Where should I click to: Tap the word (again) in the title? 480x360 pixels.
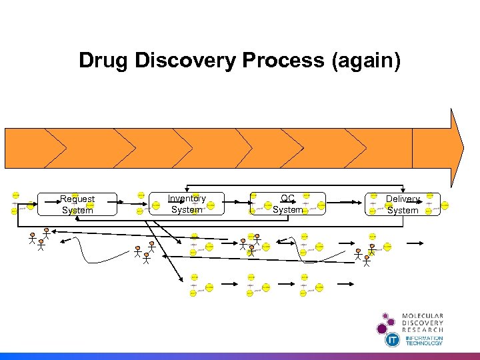point(367,61)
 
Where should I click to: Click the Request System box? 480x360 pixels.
point(77,204)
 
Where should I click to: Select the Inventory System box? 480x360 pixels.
point(187,204)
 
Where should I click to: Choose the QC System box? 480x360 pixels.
point(288,204)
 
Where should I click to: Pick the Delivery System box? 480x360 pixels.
point(403,204)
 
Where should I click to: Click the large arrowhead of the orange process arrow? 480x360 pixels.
point(456,147)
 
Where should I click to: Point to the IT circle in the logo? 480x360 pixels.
point(393,340)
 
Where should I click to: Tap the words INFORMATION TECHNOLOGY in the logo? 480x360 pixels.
point(424,340)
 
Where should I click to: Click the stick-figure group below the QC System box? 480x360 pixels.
point(247,243)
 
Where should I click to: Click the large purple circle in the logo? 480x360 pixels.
point(382,328)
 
